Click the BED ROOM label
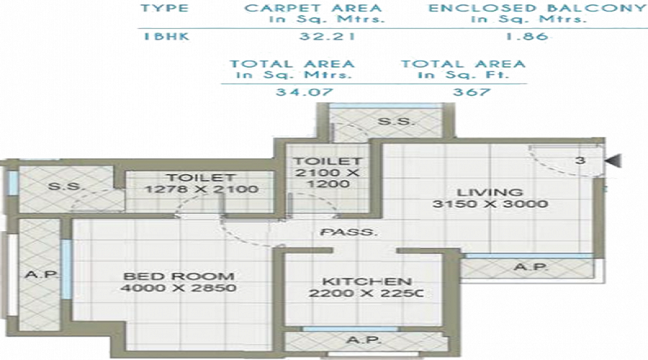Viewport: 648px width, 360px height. pos(178,276)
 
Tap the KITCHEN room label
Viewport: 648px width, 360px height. pos(366,281)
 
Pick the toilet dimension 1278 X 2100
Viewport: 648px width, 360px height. pos(201,190)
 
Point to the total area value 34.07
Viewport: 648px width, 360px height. pos(294,91)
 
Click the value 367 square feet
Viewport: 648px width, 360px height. pos(472,91)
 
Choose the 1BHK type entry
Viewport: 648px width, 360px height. pos(165,35)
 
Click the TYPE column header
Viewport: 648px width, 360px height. pos(165,8)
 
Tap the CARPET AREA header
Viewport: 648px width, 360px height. pos(312,8)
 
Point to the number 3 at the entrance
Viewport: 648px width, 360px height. pos(580,161)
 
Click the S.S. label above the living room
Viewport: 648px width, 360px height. pos(395,122)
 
